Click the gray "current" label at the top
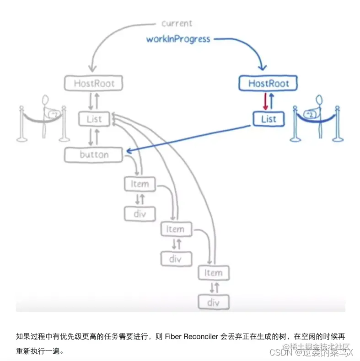(x=177, y=23)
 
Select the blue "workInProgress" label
(x=178, y=39)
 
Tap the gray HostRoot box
(x=94, y=84)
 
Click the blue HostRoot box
(x=268, y=84)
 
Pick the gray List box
(x=94, y=119)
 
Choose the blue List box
(x=268, y=119)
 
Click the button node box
(x=94, y=155)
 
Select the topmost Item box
(x=140, y=184)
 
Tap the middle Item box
(x=176, y=229)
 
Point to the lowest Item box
(x=213, y=273)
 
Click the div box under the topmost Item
(x=140, y=214)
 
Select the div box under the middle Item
(x=176, y=259)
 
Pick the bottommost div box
(x=213, y=302)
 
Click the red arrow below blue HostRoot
(x=265, y=101)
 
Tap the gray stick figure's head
(x=46, y=100)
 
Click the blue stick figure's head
(x=318, y=100)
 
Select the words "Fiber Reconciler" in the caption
(x=192, y=337)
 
